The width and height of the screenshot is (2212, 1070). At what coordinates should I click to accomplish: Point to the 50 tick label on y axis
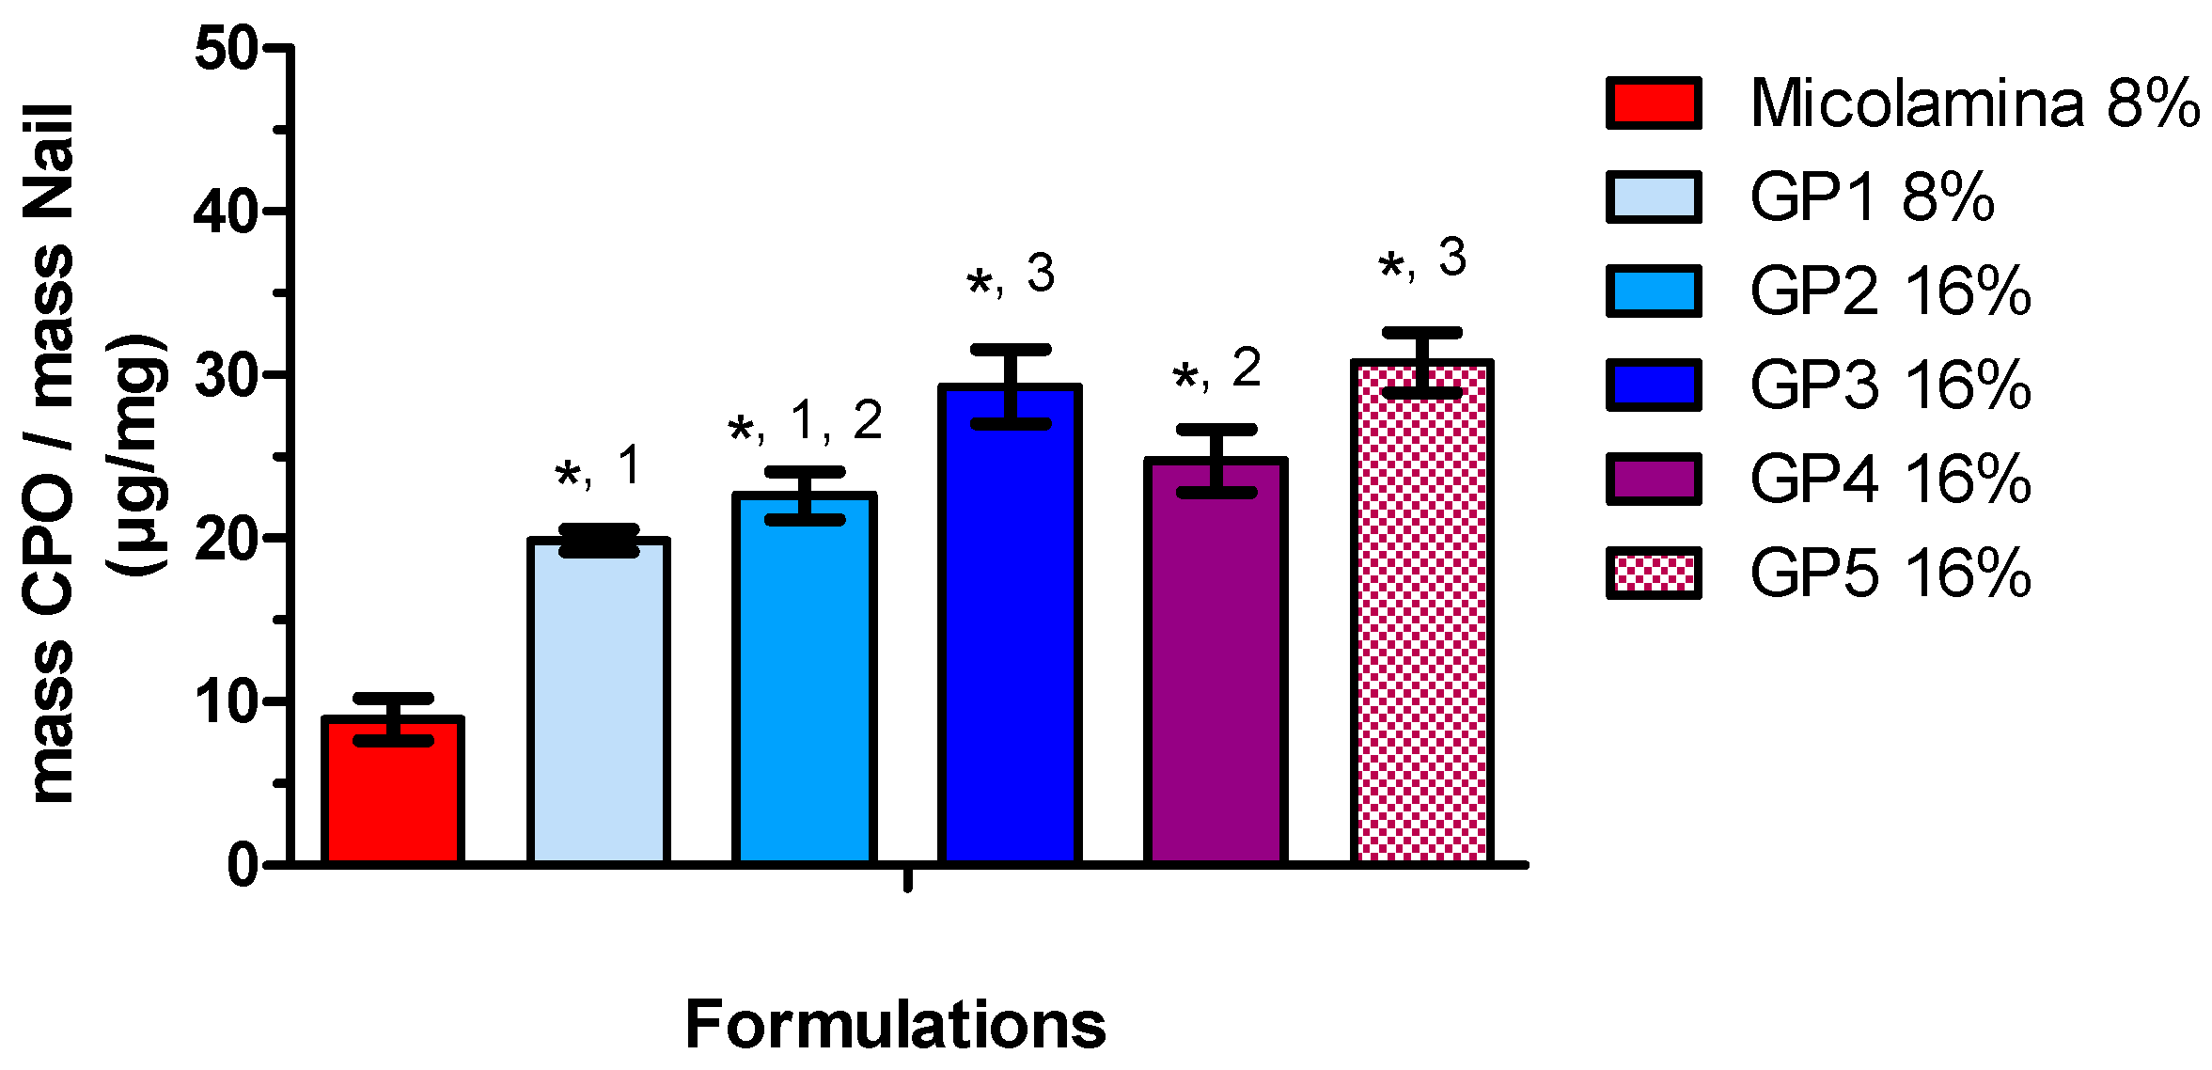[x=226, y=48]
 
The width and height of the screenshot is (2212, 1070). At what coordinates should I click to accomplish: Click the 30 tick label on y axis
[x=226, y=375]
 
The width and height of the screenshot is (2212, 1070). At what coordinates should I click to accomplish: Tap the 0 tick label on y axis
[x=243, y=865]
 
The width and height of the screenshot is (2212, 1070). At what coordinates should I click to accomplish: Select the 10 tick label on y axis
[x=226, y=702]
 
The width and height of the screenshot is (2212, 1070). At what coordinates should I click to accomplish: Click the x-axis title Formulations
[x=895, y=1024]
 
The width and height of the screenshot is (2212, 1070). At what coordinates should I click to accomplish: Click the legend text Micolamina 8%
[x=1974, y=102]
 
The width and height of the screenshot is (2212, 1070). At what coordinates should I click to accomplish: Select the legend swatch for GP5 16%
[x=1654, y=573]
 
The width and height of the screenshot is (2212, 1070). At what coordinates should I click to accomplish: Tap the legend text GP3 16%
[x=1890, y=385]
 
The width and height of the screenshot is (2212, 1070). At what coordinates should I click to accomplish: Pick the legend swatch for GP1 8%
[x=1654, y=197]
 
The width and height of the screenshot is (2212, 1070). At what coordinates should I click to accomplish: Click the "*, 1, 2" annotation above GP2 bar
[x=805, y=422]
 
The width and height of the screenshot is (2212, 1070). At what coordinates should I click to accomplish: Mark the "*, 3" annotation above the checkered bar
[x=1421, y=260]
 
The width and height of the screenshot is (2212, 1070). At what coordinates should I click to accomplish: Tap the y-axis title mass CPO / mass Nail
[x=52, y=451]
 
